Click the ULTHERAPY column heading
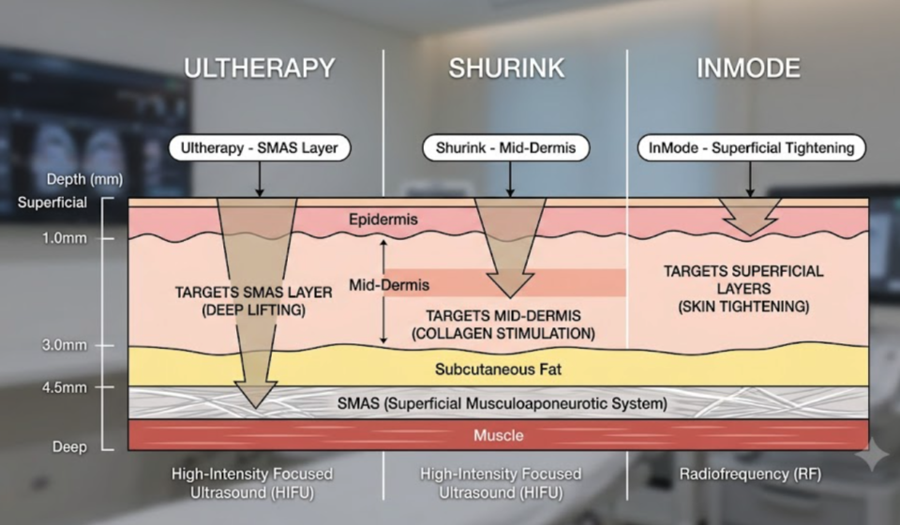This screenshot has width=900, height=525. click(259, 68)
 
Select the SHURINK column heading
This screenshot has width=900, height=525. click(506, 68)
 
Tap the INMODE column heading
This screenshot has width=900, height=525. click(748, 68)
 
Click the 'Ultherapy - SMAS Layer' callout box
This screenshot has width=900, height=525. click(260, 148)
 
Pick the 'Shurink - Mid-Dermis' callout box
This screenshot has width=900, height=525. click(505, 148)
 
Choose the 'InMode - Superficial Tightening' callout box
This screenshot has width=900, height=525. click(751, 148)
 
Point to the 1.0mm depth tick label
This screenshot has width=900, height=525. click(65, 238)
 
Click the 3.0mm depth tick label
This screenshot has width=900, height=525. click(65, 345)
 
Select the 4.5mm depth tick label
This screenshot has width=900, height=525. click(65, 387)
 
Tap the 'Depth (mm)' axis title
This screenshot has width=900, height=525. click(84, 180)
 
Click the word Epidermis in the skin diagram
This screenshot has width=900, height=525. click(382, 219)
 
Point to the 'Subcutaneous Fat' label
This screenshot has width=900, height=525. click(498, 369)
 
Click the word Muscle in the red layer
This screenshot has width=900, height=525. click(498, 436)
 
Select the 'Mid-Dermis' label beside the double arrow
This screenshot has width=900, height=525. click(389, 285)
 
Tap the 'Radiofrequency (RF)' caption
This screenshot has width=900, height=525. click(750, 474)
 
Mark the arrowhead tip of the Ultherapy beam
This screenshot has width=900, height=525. click(256, 408)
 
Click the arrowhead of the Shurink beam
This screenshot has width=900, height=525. click(510, 286)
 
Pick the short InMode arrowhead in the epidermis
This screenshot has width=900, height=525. click(750, 226)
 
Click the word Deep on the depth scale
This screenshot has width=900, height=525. click(69, 447)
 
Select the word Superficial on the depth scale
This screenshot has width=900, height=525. click(52, 202)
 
